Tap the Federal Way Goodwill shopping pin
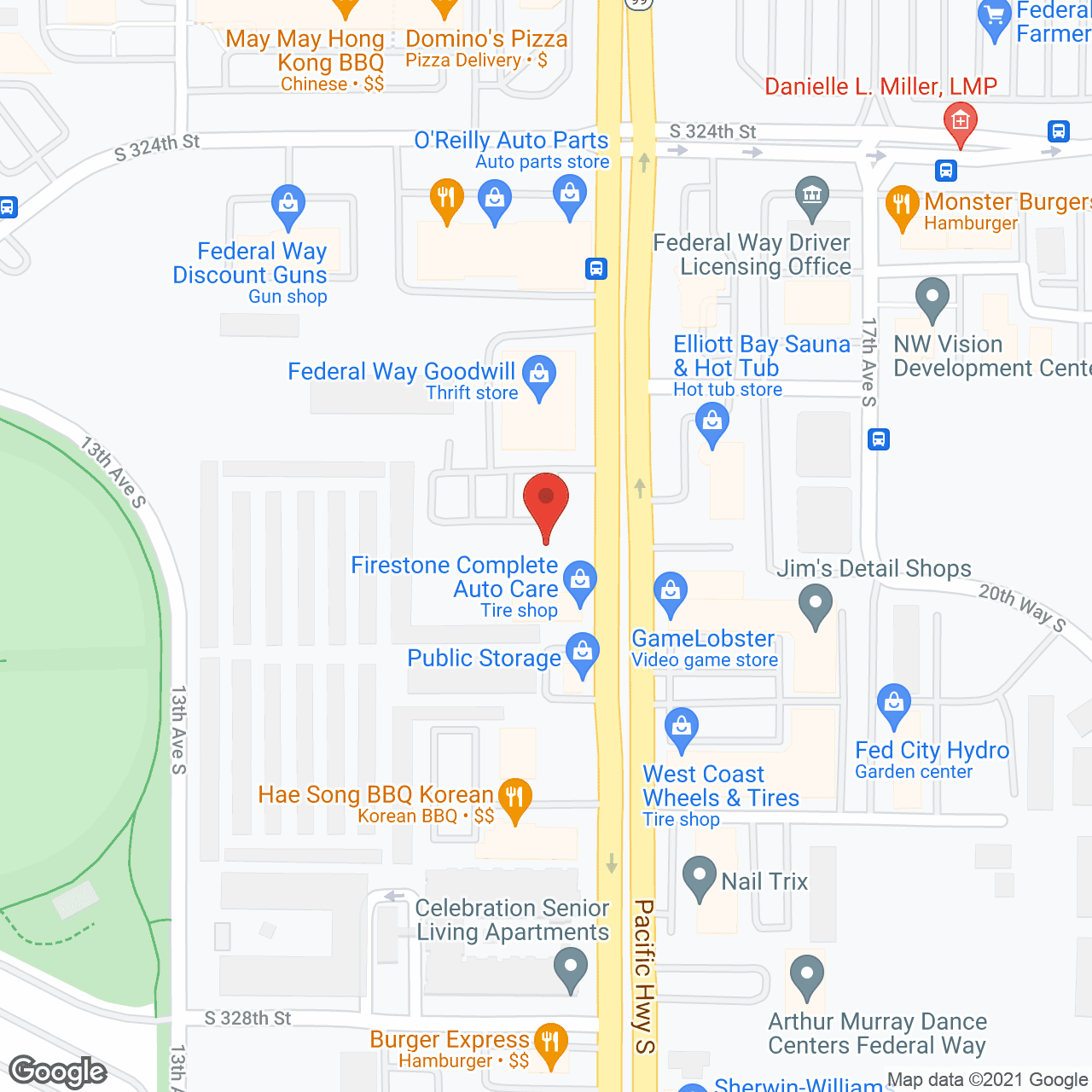click(539, 375)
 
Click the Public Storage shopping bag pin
click(583, 653)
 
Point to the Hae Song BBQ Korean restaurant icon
click(514, 799)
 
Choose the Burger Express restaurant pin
click(551, 1043)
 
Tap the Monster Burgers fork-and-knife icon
click(903, 205)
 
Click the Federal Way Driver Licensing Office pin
click(812, 195)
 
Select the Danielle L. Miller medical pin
click(961, 122)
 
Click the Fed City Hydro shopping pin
click(894, 704)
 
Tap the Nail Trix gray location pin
click(700, 876)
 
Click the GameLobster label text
click(703, 638)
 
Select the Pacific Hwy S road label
click(644, 976)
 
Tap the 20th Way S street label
click(1021, 607)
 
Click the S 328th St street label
click(247, 1018)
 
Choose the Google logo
click(58, 1072)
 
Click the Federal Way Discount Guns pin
click(288, 205)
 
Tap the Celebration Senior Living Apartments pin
click(571, 970)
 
